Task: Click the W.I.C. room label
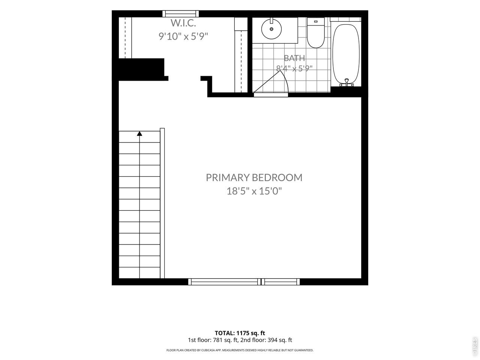coord(183,23)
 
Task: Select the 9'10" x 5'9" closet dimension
coord(183,36)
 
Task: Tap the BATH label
coord(294,58)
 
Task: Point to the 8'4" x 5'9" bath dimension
coord(294,69)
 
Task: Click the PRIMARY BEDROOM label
coord(254,177)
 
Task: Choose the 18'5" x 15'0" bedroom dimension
coord(254,191)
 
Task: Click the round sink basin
coord(271,29)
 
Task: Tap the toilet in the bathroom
coord(315,33)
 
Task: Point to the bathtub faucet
coord(346,82)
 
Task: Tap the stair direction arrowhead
coord(139,133)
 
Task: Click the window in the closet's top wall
coord(181,14)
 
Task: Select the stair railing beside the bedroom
coord(162,203)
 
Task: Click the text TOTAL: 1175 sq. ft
coord(240,333)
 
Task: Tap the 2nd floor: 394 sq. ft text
coord(266,340)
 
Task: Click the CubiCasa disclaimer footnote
coord(240,350)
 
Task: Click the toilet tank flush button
coord(315,21)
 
